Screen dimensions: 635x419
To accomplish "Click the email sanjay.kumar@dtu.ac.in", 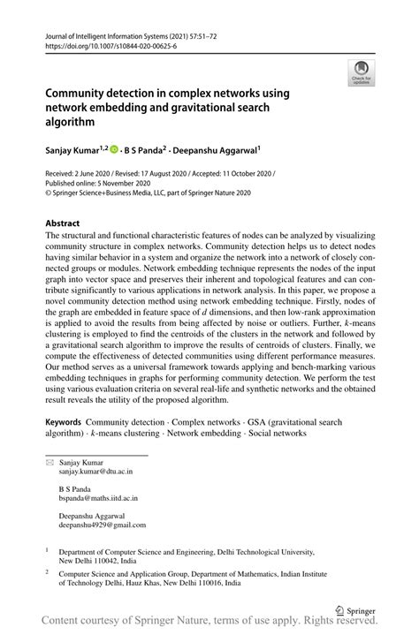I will click(x=98, y=472).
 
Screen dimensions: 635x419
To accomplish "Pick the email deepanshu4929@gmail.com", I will click(x=102, y=525).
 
